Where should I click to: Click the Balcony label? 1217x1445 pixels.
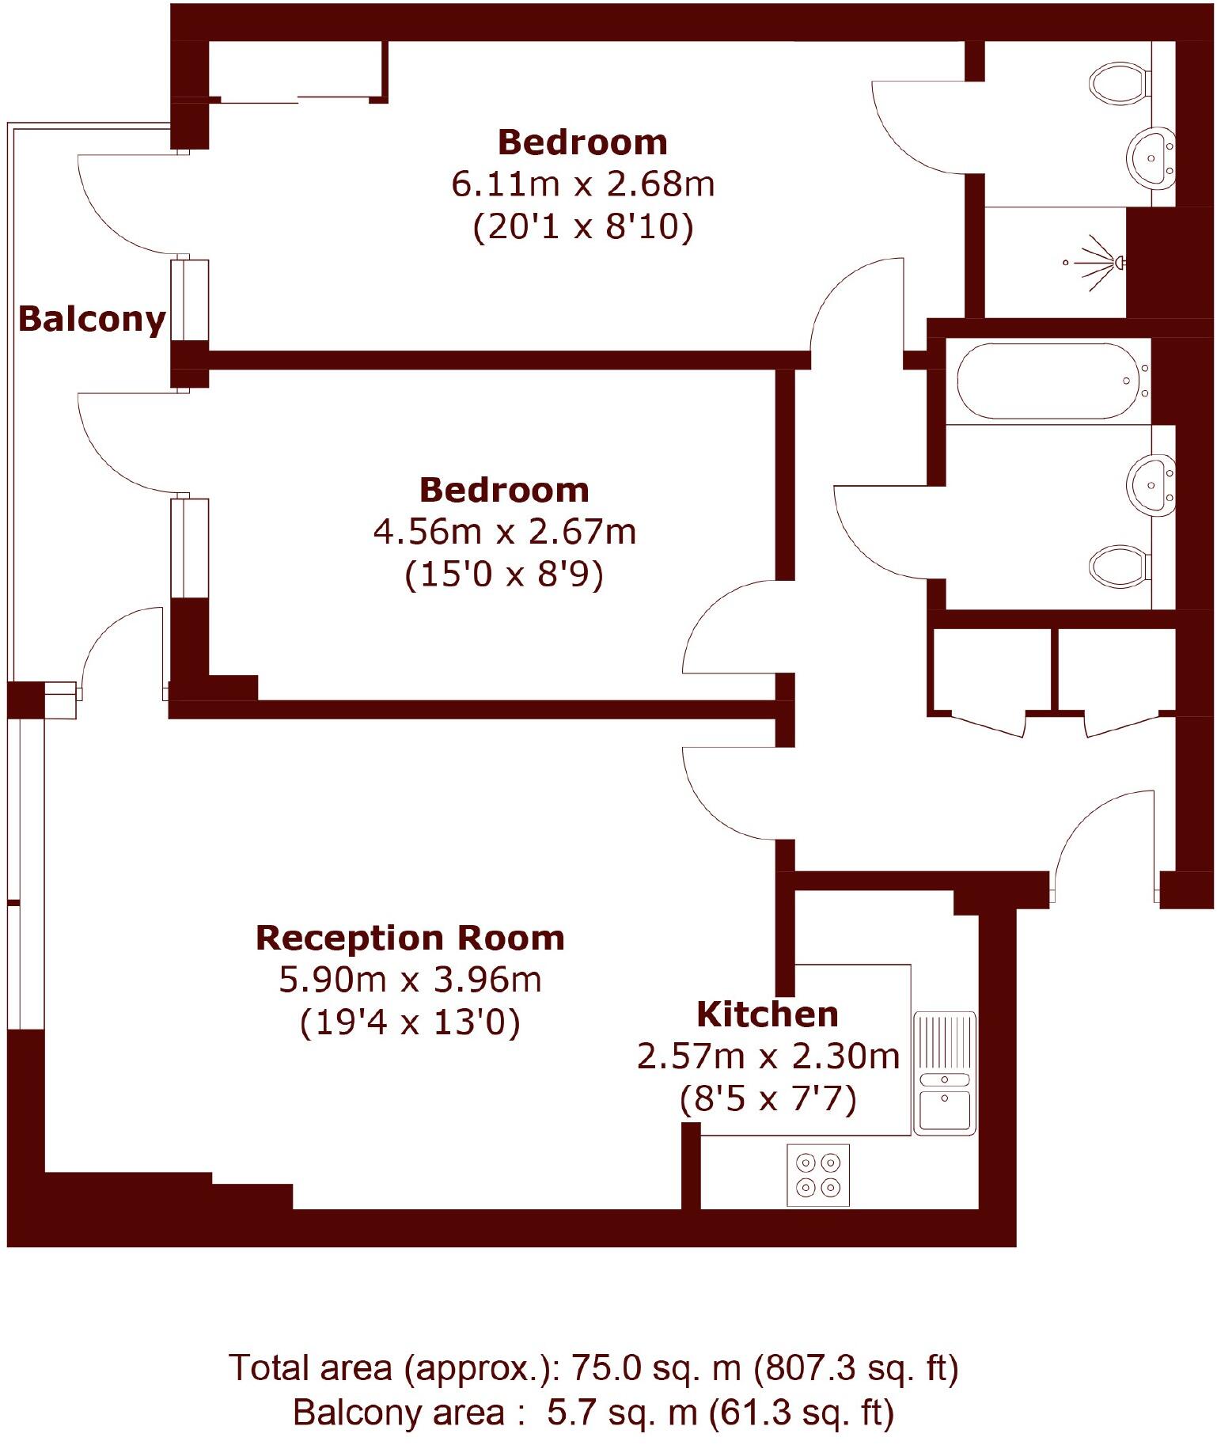click(x=92, y=319)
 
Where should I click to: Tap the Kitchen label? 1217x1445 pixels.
click(x=767, y=1015)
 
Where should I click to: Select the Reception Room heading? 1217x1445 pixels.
click(x=410, y=938)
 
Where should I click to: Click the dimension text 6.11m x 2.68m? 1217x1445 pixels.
click(x=583, y=184)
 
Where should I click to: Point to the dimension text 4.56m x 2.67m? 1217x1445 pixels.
click(x=504, y=532)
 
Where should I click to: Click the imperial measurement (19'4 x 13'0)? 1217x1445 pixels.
click(x=410, y=1022)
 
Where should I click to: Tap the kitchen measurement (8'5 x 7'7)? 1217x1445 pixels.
click(x=768, y=1099)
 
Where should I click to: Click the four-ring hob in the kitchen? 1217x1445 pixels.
click(x=817, y=1175)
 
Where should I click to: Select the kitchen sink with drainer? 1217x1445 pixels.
click(x=945, y=1073)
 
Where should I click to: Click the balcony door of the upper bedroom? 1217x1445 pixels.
click(x=127, y=206)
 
